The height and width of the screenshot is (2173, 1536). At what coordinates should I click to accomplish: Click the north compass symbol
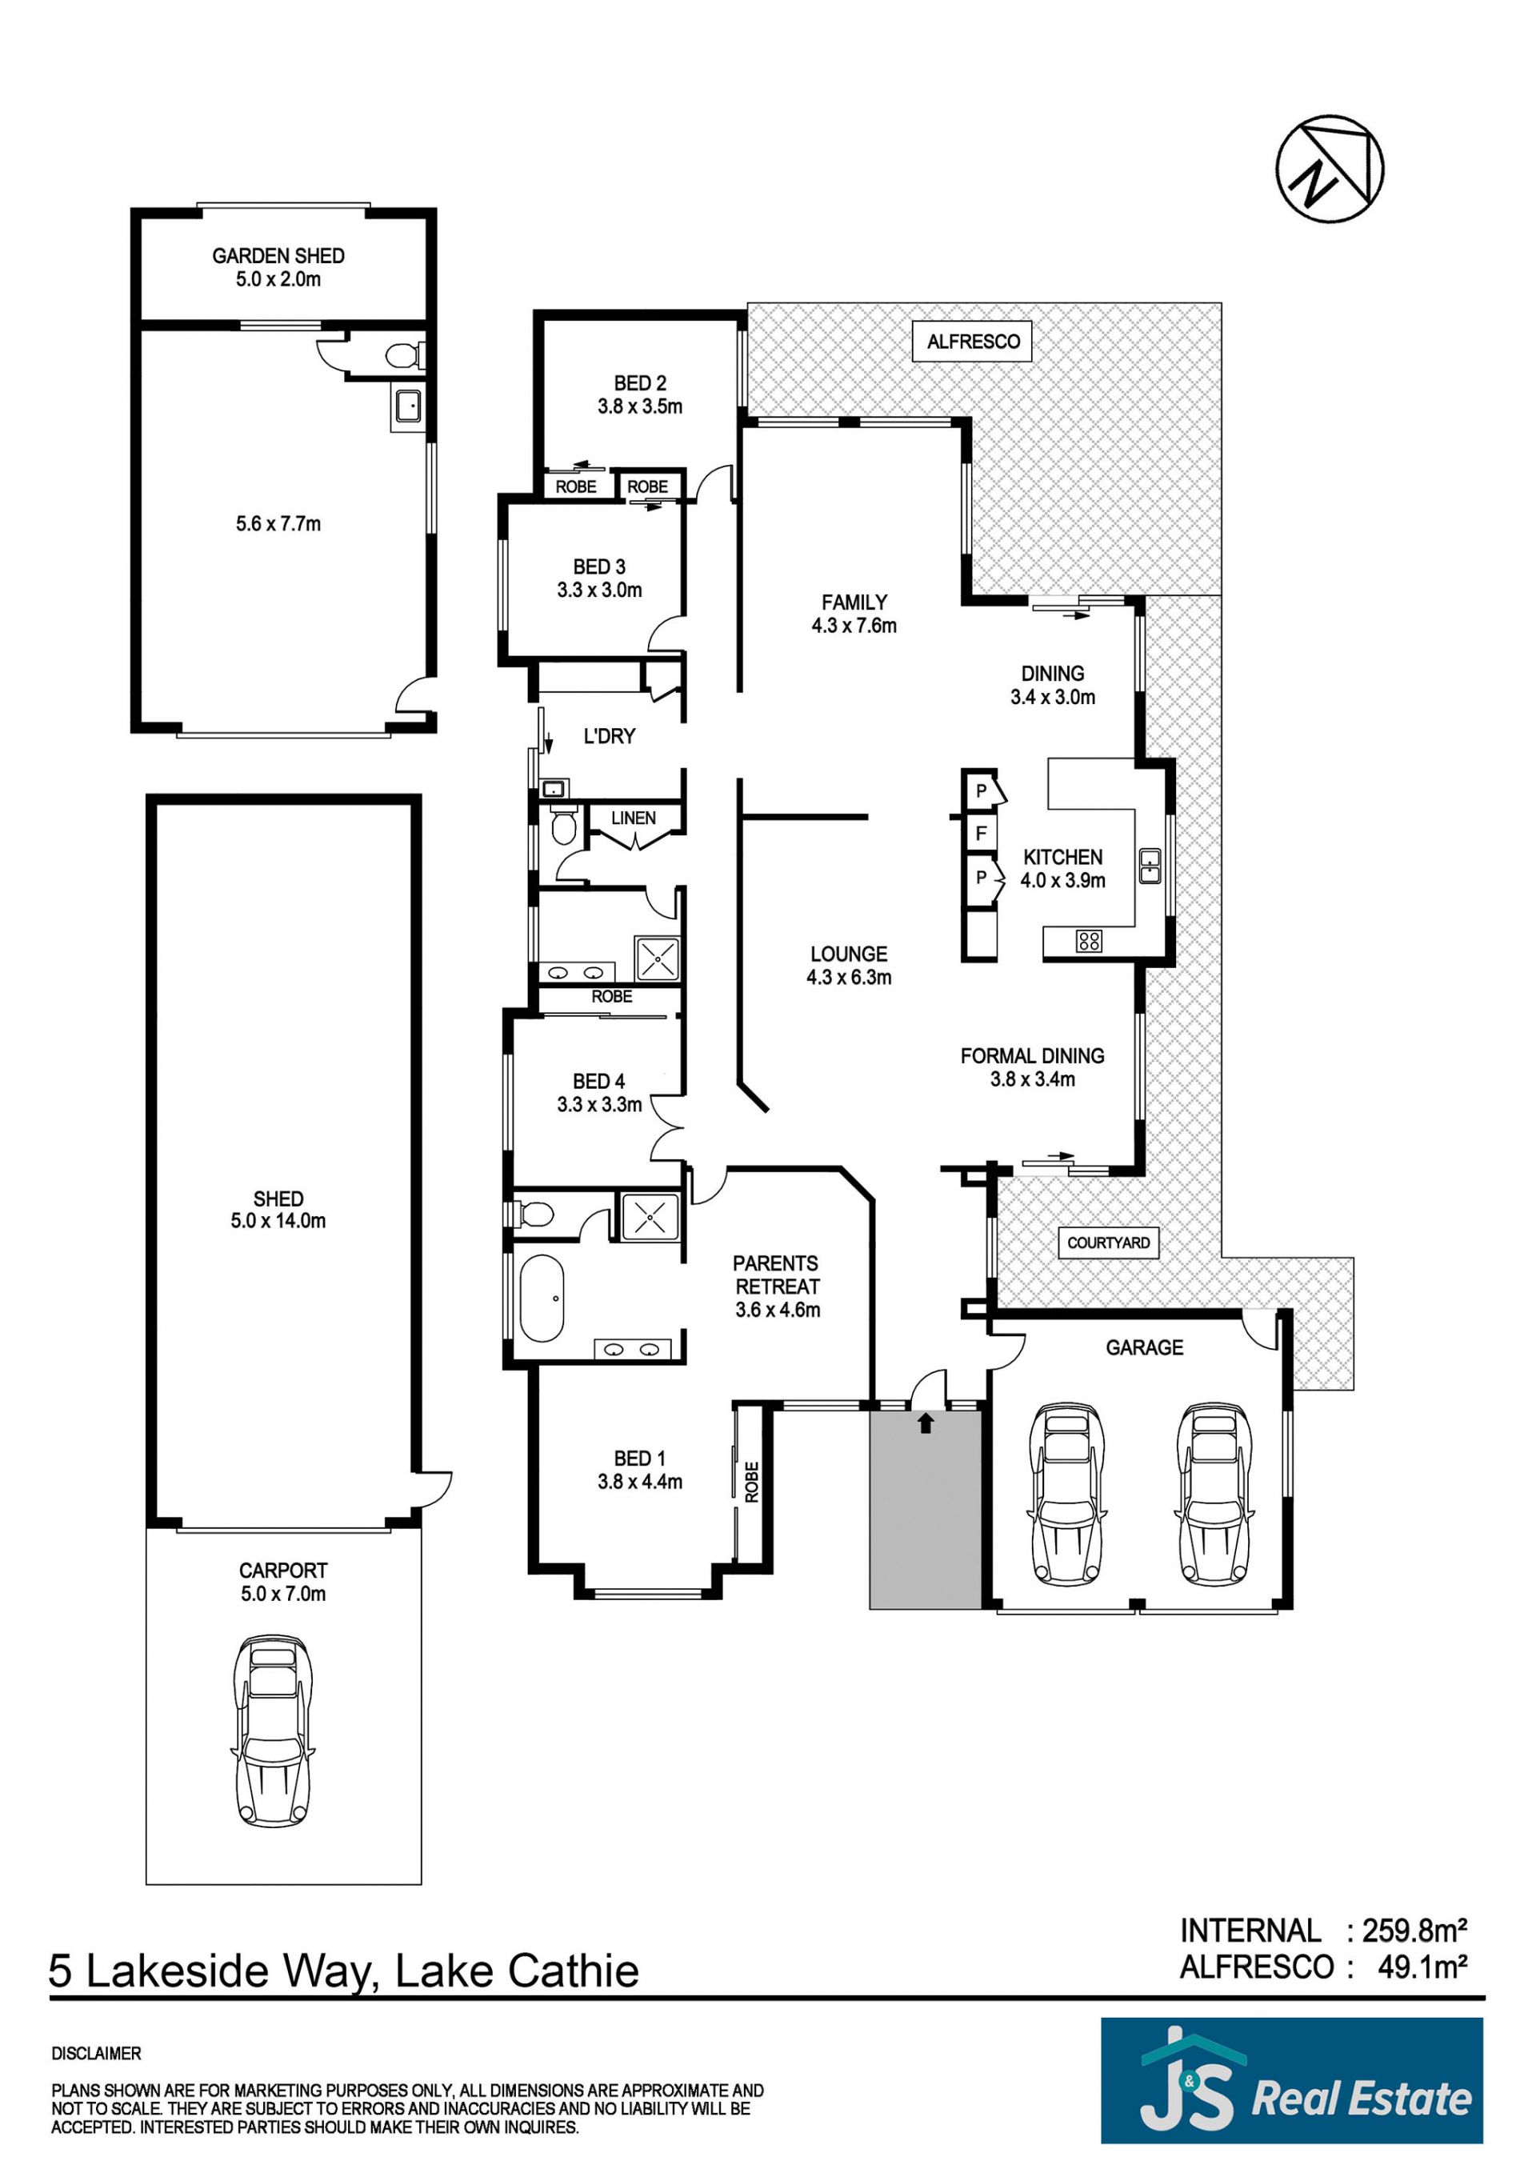click(1330, 169)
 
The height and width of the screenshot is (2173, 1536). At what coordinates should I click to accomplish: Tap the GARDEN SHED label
click(278, 255)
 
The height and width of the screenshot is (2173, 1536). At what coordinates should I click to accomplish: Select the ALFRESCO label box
click(973, 342)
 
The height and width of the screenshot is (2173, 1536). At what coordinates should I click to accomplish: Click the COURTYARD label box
click(1108, 1243)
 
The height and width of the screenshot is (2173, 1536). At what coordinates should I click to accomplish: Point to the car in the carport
click(273, 1731)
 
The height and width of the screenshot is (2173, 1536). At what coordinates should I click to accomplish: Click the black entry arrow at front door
click(926, 1422)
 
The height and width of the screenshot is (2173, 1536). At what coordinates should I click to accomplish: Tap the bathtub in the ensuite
click(542, 1299)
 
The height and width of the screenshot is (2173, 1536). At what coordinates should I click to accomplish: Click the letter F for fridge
click(982, 834)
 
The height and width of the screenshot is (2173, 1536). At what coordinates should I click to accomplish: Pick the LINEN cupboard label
click(633, 818)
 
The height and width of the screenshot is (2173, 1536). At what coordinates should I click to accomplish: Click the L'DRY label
click(609, 736)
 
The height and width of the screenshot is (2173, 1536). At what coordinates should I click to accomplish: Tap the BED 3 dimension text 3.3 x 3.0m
click(599, 590)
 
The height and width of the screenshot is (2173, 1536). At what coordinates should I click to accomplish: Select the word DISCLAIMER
click(95, 2054)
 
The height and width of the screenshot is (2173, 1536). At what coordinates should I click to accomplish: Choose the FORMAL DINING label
click(1033, 1055)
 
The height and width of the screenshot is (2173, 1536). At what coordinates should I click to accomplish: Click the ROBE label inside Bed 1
click(751, 1482)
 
